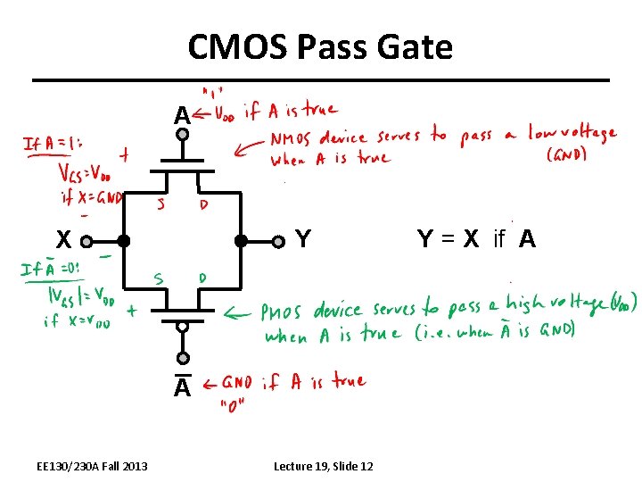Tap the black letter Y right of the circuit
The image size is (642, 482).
pos(303,239)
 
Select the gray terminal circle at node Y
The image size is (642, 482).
pos(278,240)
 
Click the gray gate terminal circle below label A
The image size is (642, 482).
pos(182,136)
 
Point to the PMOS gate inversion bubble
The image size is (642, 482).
pos(182,326)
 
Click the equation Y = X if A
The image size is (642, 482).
pos(476,239)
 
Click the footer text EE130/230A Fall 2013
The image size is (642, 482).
pos(93,466)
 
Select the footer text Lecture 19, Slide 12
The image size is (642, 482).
pos(324,466)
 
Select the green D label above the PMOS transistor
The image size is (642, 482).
pos(202,278)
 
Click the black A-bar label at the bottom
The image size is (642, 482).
pos(182,387)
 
